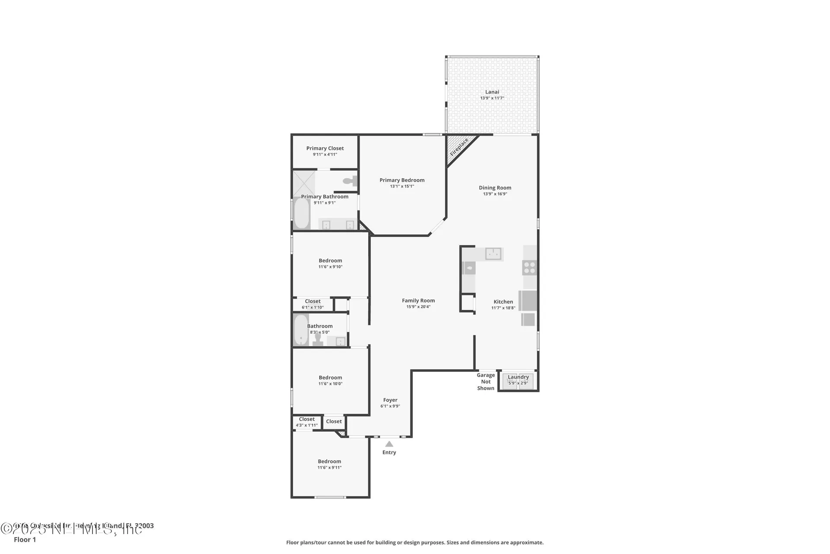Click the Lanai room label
point(492,92)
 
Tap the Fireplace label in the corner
point(459,148)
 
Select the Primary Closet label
point(325,148)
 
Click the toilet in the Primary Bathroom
point(349,181)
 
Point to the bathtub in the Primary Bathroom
point(302,213)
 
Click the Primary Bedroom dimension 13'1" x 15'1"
point(402,187)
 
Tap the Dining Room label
point(495,188)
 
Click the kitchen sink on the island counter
point(493,254)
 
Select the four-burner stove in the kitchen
point(530,267)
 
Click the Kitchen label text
point(503,302)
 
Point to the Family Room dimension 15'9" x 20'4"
point(418,307)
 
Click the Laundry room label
point(518,377)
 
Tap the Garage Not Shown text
point(485,382)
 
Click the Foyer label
point(390,400)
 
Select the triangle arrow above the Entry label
point(389,444)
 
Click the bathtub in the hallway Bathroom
point(301,330)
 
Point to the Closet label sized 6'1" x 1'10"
point(313,301)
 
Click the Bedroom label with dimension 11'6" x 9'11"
point(329,461)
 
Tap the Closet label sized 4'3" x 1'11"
point(306,419)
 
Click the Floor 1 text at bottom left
point(25,540)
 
